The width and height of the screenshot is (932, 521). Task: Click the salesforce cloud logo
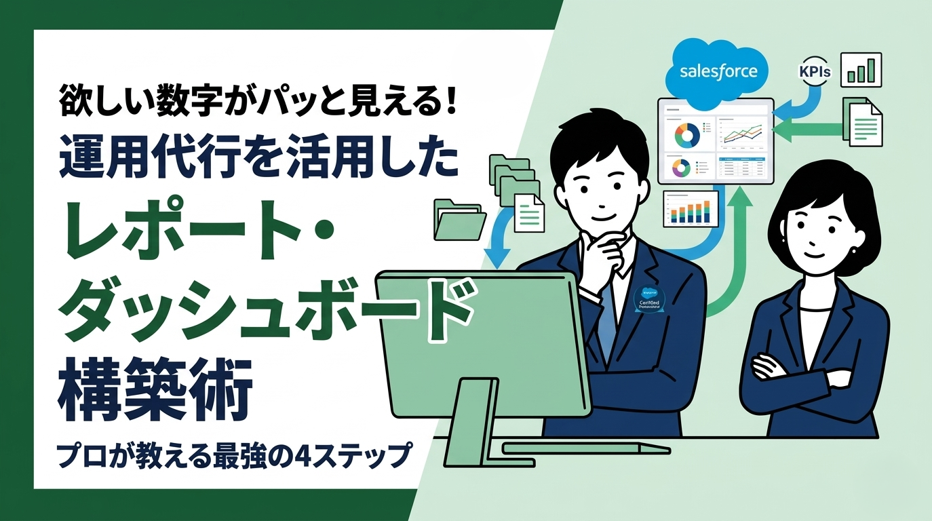718,71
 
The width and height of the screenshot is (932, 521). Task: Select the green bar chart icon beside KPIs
861,71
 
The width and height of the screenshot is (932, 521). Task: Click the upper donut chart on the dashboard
686,135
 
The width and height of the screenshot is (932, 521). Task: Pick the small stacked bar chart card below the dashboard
689,208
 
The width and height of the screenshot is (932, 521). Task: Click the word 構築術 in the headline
155,391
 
